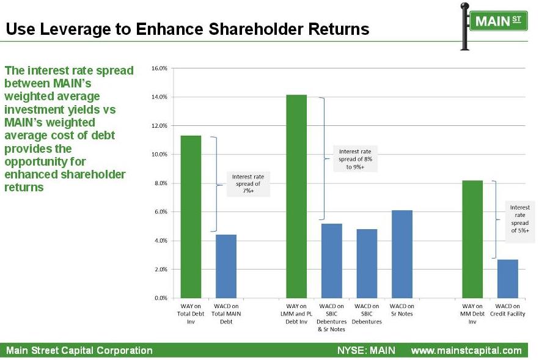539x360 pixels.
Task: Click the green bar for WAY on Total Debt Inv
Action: point(191,216)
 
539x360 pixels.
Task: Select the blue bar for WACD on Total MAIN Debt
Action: point(226,266)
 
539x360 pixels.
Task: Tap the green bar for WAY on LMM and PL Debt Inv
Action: point(296,196)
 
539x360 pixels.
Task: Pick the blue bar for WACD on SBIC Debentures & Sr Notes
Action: point(332,260)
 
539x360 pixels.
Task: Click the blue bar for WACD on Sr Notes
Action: point(402,254)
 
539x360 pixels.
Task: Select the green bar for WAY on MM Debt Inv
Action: point(472,239)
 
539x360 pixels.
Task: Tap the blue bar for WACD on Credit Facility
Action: point(508,279)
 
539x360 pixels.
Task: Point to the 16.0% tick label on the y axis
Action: point(159,68)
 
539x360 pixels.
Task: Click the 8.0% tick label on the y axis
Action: point(161,183)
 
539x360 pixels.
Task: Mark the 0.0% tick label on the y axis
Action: point(161,298)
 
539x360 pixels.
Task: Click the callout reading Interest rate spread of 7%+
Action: point(248,183)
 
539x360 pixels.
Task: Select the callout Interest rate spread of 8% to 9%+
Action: point(355,159)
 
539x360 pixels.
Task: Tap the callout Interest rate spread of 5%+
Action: point(519,219)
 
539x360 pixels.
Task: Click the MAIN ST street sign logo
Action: point(494,26)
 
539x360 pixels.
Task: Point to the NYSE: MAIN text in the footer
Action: point(366,350)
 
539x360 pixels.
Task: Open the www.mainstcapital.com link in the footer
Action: point(466,351)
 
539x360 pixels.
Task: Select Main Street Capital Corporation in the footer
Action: point(79,350)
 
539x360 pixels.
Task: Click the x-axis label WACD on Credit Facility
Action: point(508,310)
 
